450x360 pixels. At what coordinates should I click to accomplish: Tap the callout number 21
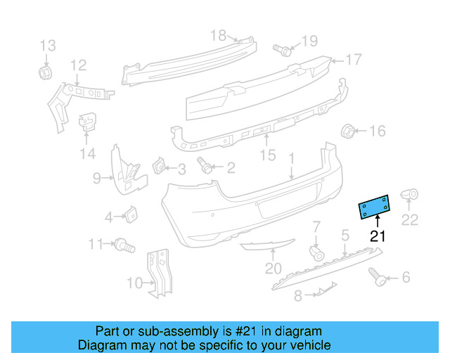point(378,236)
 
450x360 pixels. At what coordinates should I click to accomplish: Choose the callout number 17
point(352,60)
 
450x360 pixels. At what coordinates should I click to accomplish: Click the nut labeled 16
point(347,131)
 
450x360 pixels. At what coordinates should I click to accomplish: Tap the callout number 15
point(268,154)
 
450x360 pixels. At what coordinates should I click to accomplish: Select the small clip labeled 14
point(86,122)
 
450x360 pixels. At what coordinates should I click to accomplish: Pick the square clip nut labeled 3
point(159,167)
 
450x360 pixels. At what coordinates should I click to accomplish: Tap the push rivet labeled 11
point(125,245)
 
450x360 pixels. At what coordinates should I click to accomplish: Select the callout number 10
point(132,284)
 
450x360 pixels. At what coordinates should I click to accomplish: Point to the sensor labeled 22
point(409,195)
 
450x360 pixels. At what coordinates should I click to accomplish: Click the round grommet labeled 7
point(316,251)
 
